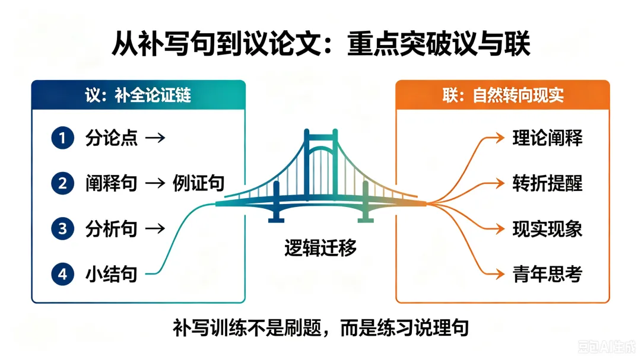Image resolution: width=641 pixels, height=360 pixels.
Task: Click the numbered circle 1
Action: coord(62,138)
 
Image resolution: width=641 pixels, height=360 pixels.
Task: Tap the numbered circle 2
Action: coord(62,183)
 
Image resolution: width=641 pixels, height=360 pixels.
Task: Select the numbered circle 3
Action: coord(62,228)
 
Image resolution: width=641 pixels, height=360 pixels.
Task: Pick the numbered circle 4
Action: coord(62,274)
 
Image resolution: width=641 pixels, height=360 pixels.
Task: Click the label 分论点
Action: coord(111,138)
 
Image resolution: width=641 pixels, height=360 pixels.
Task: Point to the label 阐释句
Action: coord(111,183)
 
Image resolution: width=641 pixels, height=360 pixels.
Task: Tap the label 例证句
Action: coord(198,183)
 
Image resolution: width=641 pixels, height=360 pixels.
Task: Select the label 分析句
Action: coord(111,228)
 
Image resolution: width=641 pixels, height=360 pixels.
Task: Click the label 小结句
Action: coord(111,274)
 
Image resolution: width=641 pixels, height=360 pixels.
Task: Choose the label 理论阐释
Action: coord(547,138)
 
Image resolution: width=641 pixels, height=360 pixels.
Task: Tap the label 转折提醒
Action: coord(547,183)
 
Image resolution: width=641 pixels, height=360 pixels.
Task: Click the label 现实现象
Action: coord(547,228)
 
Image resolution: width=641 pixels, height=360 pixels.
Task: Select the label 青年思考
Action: coord(547,274)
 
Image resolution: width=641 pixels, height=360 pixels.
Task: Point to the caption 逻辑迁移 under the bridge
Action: coord(320,248)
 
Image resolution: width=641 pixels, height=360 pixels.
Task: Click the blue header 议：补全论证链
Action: coord(138,95)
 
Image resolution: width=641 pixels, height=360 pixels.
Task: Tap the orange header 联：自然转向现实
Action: coord(503,95)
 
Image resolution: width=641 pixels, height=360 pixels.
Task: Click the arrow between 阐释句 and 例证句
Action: coord(156,183)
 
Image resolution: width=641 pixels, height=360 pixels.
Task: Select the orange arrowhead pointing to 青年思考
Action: coord(500,274)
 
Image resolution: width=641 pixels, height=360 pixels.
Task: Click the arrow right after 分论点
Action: coord(156,138)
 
